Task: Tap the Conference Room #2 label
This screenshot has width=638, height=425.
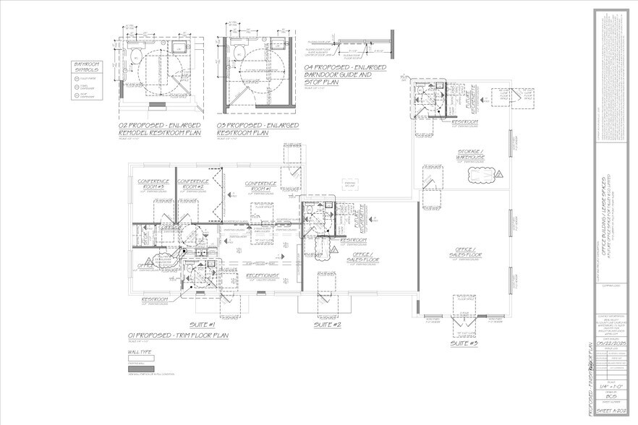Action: click(193, 184)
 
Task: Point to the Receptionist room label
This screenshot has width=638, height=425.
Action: click(263, 275)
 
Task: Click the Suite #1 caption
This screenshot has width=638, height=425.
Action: click(205, 325)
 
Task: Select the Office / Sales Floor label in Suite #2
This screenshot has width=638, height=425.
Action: click(361, 257)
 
